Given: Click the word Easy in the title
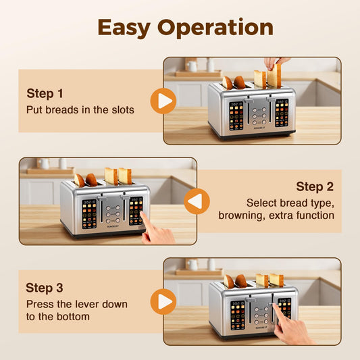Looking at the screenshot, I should point(124,28).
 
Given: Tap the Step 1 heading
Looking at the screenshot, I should point(45,93).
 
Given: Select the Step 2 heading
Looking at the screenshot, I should point(315,186).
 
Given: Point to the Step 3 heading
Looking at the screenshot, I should point(45,288).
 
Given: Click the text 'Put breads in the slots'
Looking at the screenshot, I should point(80,109).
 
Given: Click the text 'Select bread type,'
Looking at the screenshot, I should point(290,202).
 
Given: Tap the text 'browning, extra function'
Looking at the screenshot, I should point(276,215).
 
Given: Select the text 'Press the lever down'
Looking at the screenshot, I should point(76,304).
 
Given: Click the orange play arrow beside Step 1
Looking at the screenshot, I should point(163,101).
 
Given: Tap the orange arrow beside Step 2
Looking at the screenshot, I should point(197,201).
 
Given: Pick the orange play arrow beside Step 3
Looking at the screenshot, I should point(163,301).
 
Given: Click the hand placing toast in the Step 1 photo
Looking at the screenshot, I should point(276,63).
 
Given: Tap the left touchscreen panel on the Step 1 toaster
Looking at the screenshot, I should point(236,115).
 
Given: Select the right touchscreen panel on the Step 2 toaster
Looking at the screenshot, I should point(136,210).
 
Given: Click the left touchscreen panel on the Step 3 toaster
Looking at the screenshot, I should point(238,314).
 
